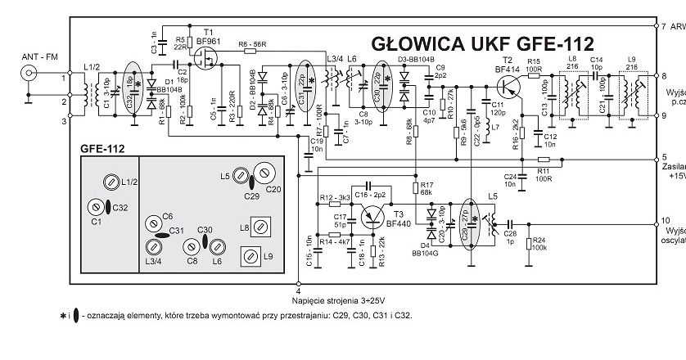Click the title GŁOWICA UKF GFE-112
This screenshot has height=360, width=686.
[482, 43]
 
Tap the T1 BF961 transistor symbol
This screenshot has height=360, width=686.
[204, 59]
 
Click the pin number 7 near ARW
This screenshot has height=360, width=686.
[663, 26]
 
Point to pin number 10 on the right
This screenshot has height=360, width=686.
[665, 221]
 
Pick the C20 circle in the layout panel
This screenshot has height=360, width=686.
[264, 173]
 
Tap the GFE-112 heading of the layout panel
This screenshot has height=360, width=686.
[102, 148]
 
